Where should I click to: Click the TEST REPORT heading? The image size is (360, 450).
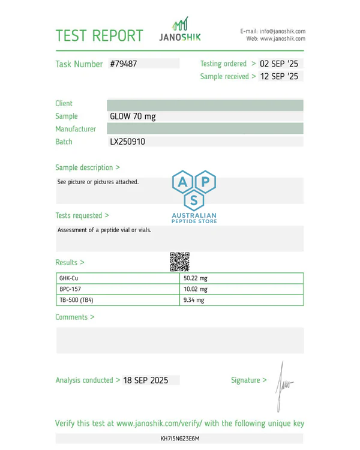pyautogui.click(x=99, y=35)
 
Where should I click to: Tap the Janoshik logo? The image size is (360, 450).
pyautogui.click(x=180, y=29)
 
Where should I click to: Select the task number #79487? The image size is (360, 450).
pyautogui.click(x=124, y=64)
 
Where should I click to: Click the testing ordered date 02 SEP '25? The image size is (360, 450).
pyautogui.click(x=279, y=64)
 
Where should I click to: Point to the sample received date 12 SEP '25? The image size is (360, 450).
pyautogui.click(x=279, y=76)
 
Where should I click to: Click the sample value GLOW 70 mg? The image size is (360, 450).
pyautogui.click(x=133, y=116)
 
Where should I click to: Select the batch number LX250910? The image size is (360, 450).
pyautogui.click(x=127, y=142)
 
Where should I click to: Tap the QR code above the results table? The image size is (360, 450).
pyautogui.click(x=179, y=262)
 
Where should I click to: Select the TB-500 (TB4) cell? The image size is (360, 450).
pyautogui.click(x=76, y=300)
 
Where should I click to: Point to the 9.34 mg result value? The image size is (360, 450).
pyautogui.click(x=194, y=300)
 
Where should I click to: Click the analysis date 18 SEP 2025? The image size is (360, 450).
pyautogui.click(x=146, y=380)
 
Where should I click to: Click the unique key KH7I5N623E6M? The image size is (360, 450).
pyautogui.click(x=180, y=439)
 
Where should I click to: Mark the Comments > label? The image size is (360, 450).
pyautogui.click(x=75, y=317)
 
